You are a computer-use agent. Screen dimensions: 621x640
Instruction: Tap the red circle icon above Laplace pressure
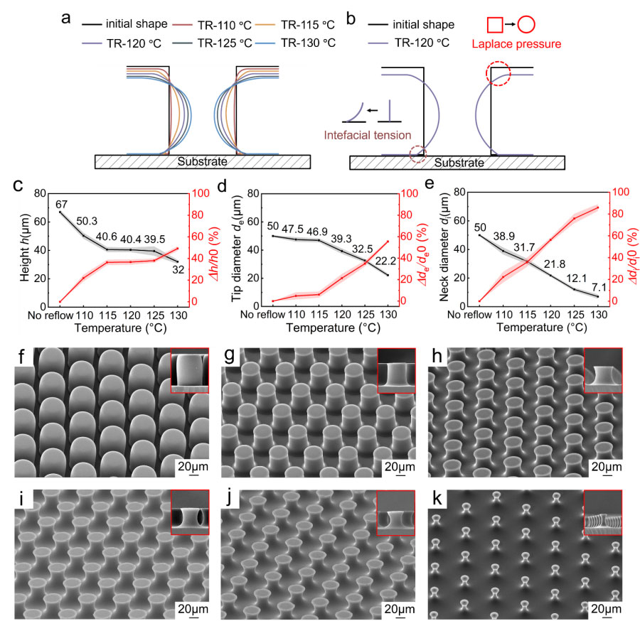[x=526, y=25]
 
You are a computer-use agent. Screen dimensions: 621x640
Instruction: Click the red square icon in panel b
[x=495, y=25]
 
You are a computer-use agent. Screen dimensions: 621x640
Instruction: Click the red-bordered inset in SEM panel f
[x=190, y=370]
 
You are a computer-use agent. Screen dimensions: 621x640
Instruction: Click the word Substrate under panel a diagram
[x=201, y=162]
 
